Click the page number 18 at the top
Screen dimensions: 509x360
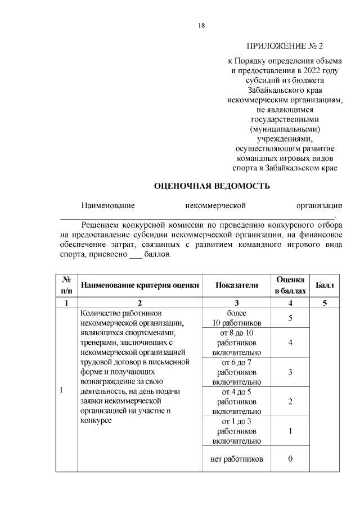click(201, 25)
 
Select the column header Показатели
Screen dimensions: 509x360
click(236, 286)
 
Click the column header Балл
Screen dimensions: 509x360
click(325, 286)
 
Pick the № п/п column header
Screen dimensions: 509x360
click(66, 286)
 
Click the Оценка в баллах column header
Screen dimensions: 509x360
click(290, 286)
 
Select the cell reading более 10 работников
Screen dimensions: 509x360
click(236, 318)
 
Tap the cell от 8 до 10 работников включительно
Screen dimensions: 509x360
click(236, 343)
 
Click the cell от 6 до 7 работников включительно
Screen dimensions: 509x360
click(236, 372)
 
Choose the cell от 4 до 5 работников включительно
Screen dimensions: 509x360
click(236, 402)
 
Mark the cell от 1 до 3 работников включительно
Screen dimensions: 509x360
click(236, 431)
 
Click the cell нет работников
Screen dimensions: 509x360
click(236, 459)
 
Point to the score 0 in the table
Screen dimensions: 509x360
click(290, 459)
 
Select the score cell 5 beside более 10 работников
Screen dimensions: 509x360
click(290, 318)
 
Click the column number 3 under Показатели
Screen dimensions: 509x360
click(236, 303)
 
